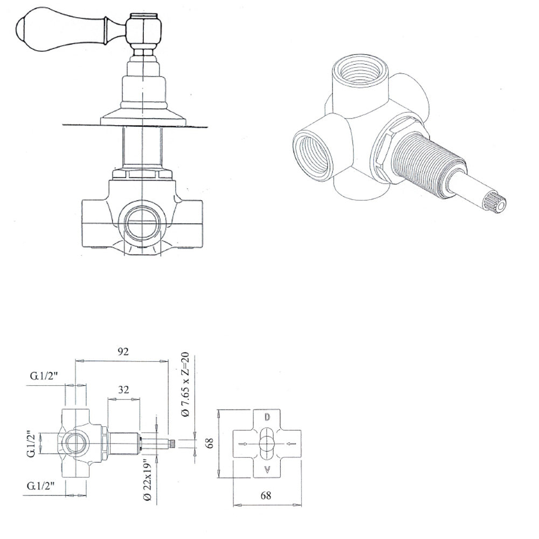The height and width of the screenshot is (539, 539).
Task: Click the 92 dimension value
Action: coord(123,351)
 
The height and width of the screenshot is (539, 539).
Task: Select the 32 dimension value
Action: coord(123,390)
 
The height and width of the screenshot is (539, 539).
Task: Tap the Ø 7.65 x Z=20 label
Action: coord(185,384)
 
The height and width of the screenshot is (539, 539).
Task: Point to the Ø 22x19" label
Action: coord(148,480)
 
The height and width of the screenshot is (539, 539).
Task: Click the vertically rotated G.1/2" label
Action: coord(31,444)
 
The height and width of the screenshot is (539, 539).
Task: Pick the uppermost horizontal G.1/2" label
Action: coord(44,376)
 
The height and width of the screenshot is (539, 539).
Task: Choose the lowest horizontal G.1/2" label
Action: coord(41,486)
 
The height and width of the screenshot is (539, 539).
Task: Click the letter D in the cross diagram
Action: coord(267,417)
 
